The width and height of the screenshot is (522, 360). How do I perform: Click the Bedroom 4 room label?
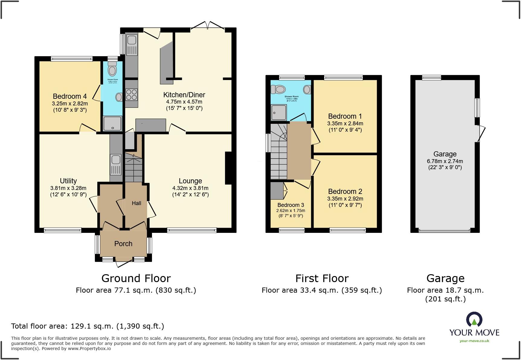pyautogui.click(x=69, y=96)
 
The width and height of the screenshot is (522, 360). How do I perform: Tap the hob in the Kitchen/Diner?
pyautogui.click(x=131, y=95)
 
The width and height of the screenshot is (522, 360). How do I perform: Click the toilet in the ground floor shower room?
pyautogui.click(x=112, y=69)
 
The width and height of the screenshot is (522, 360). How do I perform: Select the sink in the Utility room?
pyautogui.click(x=116, y=165)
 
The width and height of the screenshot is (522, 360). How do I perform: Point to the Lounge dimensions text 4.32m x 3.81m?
pyautogui.click(x=190, y=188)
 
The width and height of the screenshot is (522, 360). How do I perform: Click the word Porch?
pyautogui.click(x=123, y=244)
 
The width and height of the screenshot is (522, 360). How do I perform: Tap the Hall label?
pyautogui.click(x=136, y=203)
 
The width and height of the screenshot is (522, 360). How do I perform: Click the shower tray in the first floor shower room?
pyautogui.click(x=278, y=112)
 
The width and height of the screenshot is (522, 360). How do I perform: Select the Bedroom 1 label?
pyautogui.click(x=345, y=116)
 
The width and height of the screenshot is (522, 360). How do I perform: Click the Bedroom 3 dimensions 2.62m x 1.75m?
pyautogui.click(x=291, y=211)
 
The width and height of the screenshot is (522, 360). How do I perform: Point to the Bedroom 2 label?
pyautogui.click(x=345, y=191)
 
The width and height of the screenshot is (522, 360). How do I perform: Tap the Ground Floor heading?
pyautogui.click(x=136, y=278)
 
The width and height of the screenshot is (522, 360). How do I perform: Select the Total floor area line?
pyautogui.click(x=88, y=326)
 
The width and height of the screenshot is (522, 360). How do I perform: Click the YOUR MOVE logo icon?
pyautogui.click(x=474, y=320)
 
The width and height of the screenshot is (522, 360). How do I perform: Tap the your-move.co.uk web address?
pyautogui.click(x=474, y=341)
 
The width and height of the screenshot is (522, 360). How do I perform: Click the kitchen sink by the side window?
pyautogui.click(x=132, y=45)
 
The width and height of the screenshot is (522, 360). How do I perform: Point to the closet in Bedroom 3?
pyautogui.click(x=276, y=190)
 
